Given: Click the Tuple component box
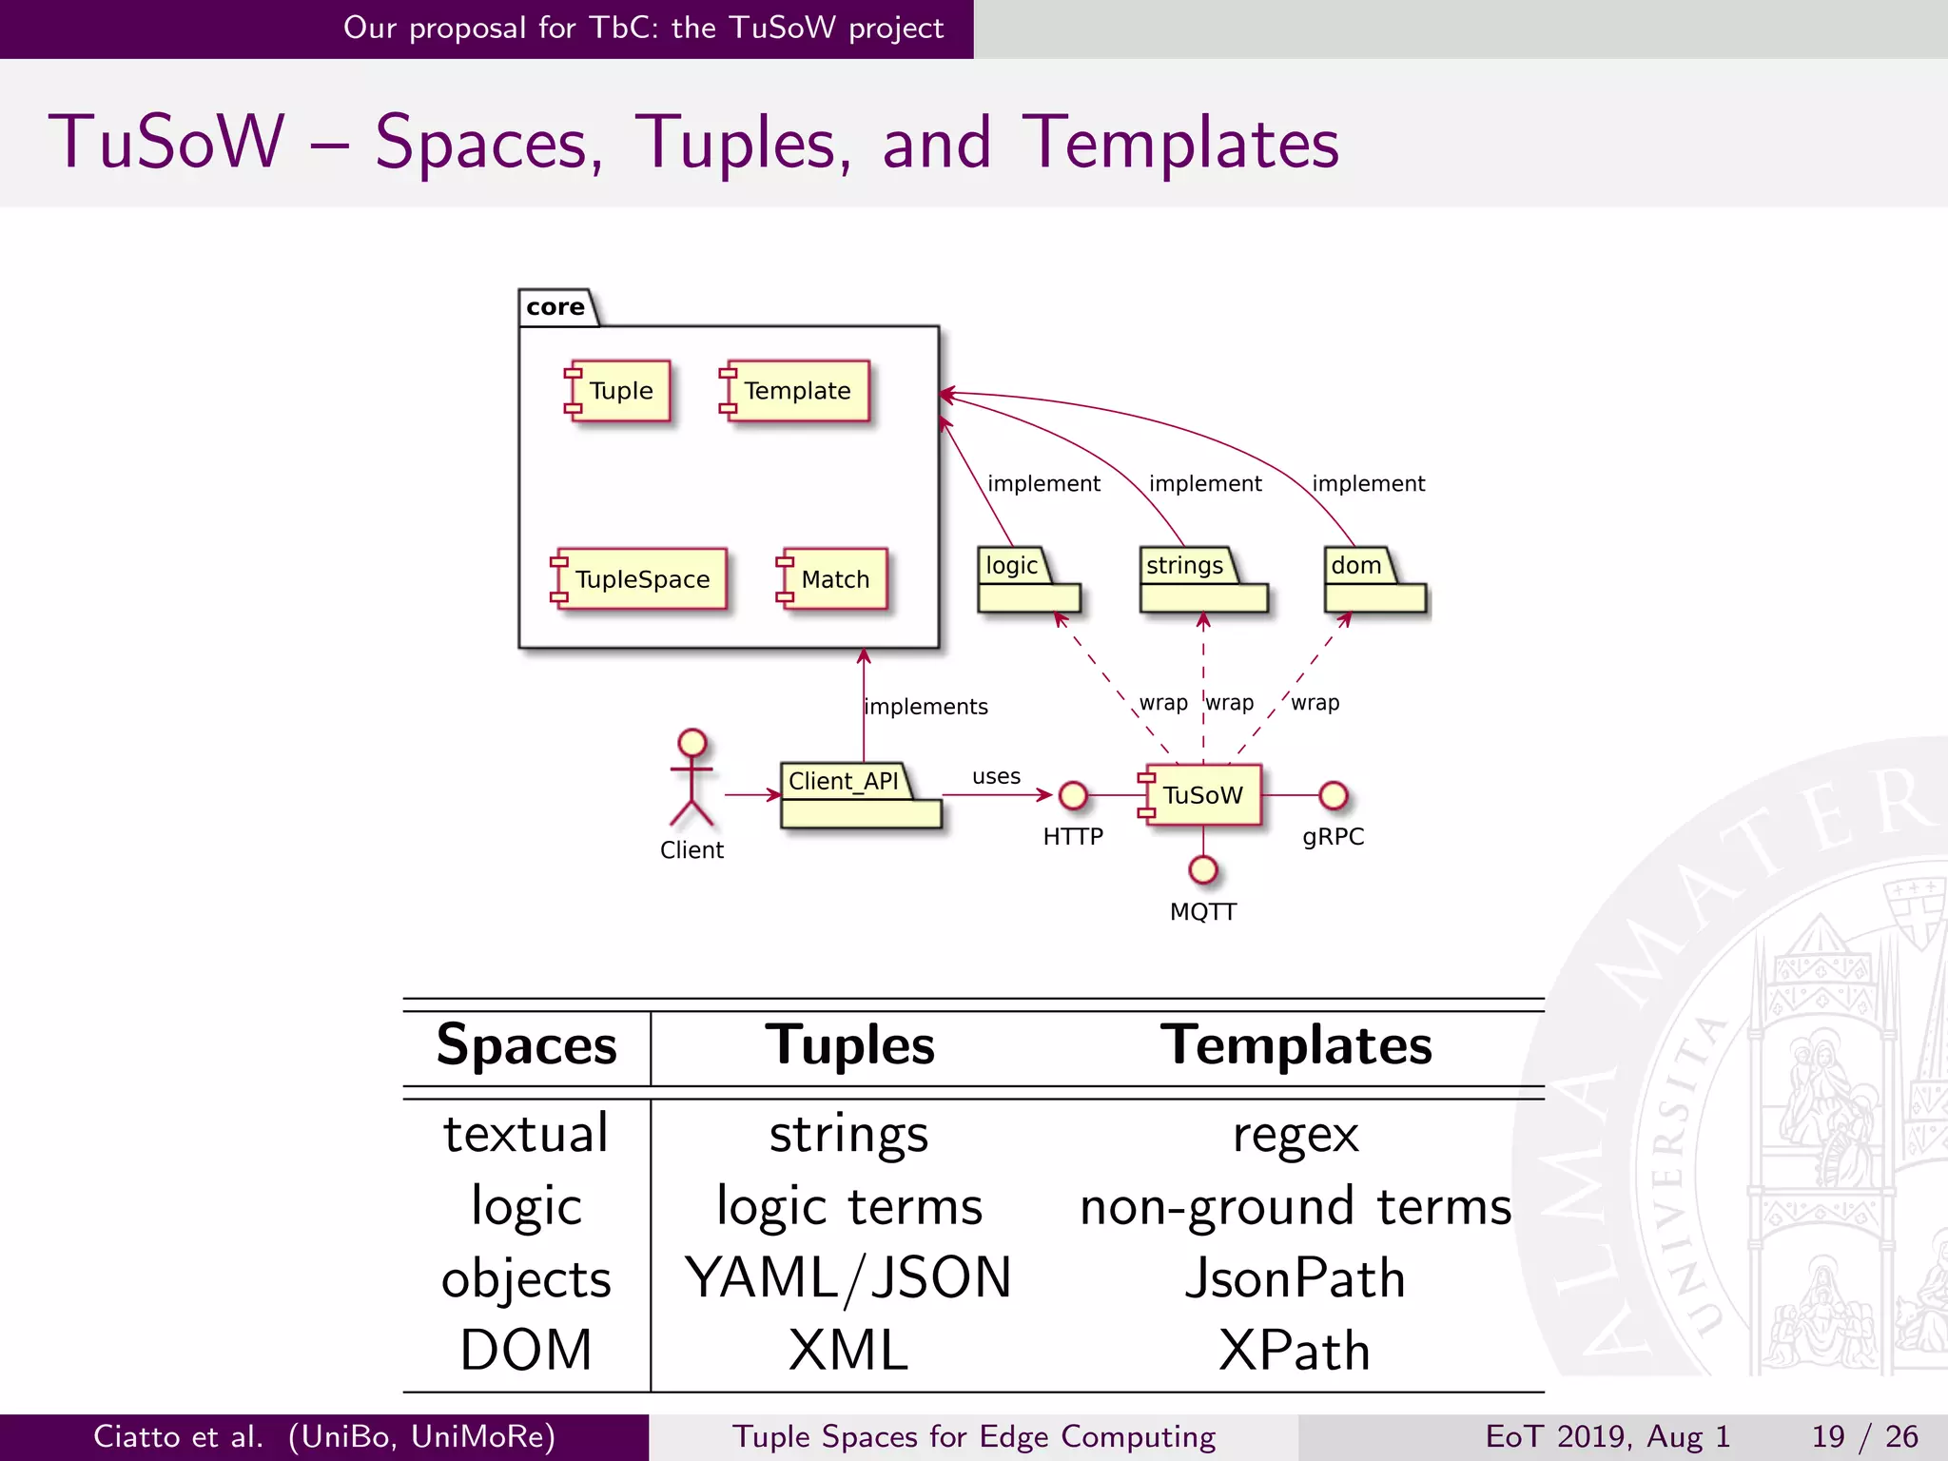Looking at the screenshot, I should (619, 391).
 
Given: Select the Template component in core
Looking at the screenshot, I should (796, 391).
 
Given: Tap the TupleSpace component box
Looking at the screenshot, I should (640, 579).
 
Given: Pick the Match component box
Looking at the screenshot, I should (834, 579).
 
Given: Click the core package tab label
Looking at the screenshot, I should (556, 307).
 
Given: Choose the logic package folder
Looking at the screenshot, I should (1027, 580).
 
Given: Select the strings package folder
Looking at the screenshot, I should (1202, 580).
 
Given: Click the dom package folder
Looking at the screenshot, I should (1373, 580).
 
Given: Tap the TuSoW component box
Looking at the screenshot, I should (1202, 795).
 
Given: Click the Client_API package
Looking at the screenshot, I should (859, 796).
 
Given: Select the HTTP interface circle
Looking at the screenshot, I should (1073, 795).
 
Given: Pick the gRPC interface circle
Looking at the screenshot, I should (1334, 795).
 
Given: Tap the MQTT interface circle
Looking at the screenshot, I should (1203, 869).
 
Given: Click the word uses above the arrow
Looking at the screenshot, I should (996, 776).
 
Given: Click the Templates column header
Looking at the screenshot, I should (1295, 1045).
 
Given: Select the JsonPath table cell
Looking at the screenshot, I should (1295, 1278).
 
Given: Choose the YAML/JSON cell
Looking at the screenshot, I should (848, 1278).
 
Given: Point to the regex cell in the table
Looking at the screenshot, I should (1295, 1135).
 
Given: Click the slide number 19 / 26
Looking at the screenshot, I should (1864, 1436).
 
